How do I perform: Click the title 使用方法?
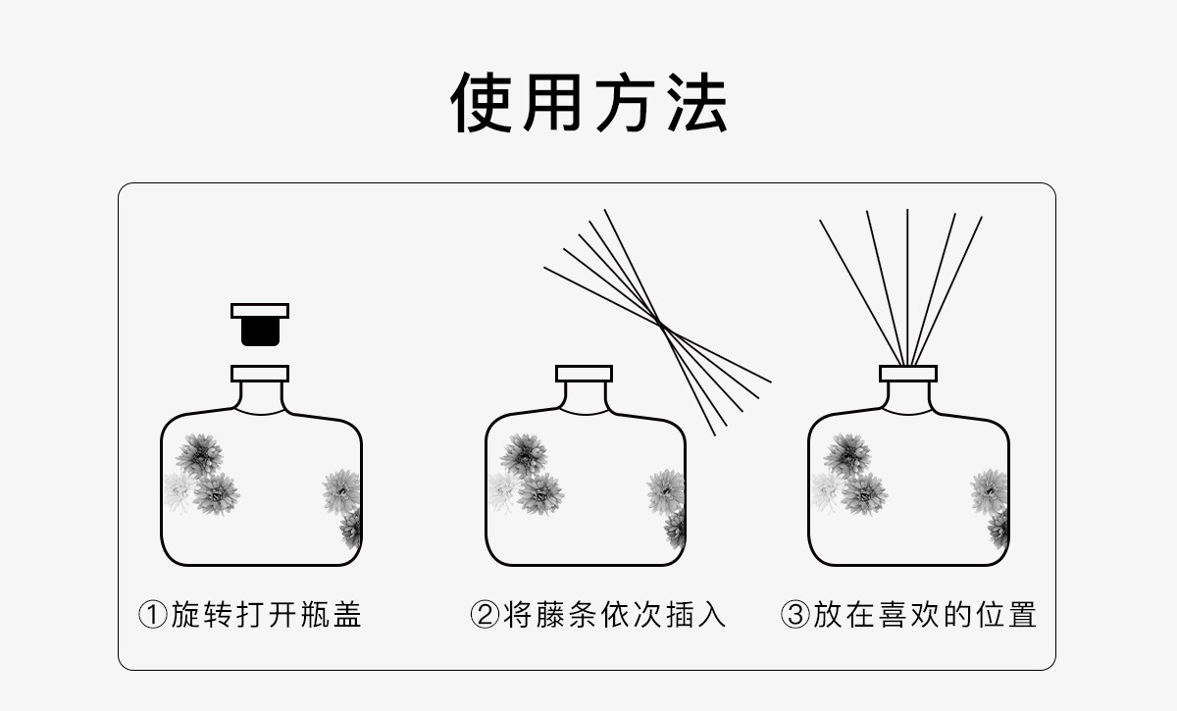pyautogui.click(x=588, y=102)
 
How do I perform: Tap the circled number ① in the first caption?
pyautogui.click(x=153, y=616)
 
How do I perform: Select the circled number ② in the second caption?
pyautogui.click(x=486, y=616)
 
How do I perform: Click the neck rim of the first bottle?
pyautogui.click(x=260, y=374)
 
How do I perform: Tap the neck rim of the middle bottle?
pyautogui.click(x=584, y=374)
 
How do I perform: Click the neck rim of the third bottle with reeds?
pyautogui.click(x=907, y=374)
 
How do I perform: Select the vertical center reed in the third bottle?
pyautogui.click(x=907, y=284)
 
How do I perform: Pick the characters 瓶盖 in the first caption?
pyautogui.click(x=331, y=616)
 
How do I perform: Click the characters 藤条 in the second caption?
pyautogui.click(x=551, y=616)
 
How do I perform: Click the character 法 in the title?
pyautogui.click(x=695, y=102)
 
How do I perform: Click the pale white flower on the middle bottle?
pyautogui.click(x=502, y=489)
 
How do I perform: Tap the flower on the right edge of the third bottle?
pyautogui.click(x=989, y=490)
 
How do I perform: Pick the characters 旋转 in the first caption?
pyautogui.click(x=203, y=616)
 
